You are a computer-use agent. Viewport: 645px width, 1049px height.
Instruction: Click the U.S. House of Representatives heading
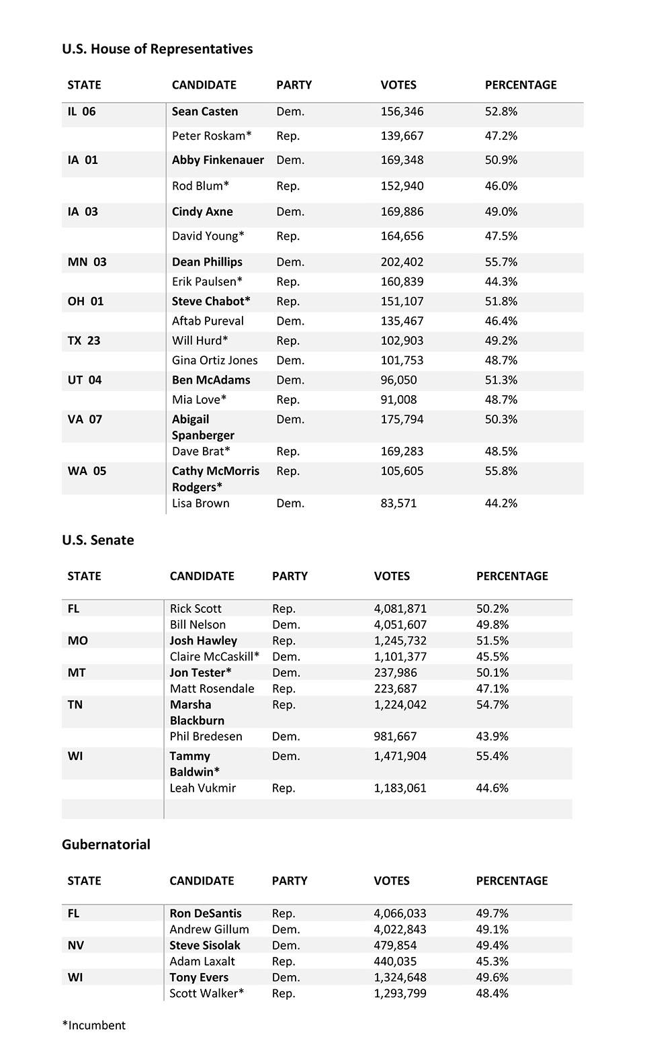[157, 49]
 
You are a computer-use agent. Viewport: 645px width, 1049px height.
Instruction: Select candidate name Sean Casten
[205, 112]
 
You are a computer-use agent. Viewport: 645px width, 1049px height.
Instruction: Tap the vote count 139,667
[402, 136]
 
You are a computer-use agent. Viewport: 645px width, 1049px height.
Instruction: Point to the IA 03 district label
[83, 212]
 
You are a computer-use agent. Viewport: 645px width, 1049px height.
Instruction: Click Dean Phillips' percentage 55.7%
[501, 262]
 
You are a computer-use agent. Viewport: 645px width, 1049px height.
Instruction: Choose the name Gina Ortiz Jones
[214, 360]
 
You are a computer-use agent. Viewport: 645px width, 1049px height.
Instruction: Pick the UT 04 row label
[85, 380]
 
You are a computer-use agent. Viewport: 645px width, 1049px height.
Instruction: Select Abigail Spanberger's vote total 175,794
[402, 419]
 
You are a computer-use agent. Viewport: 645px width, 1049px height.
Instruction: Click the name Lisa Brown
[200, 503]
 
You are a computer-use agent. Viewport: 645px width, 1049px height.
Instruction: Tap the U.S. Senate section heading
[98, 540]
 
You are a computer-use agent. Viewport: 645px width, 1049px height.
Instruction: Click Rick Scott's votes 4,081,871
[400, 609]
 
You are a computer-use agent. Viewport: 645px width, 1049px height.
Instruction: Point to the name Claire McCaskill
[214, 657]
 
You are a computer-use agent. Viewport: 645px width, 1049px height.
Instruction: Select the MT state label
[77, 673]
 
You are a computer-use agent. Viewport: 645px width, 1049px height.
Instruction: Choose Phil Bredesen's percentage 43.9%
[492, 737]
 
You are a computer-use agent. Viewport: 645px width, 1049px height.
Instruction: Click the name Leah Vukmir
[202, 788]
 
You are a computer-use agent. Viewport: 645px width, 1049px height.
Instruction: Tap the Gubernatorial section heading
[106, 845]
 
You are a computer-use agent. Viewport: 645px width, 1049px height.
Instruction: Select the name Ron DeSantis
[205, 913]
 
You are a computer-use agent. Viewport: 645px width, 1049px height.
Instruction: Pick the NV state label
[76, 946]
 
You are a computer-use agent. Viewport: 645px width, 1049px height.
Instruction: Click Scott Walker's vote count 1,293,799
[400, 993]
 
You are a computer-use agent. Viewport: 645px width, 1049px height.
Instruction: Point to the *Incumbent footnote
[94, 1025]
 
